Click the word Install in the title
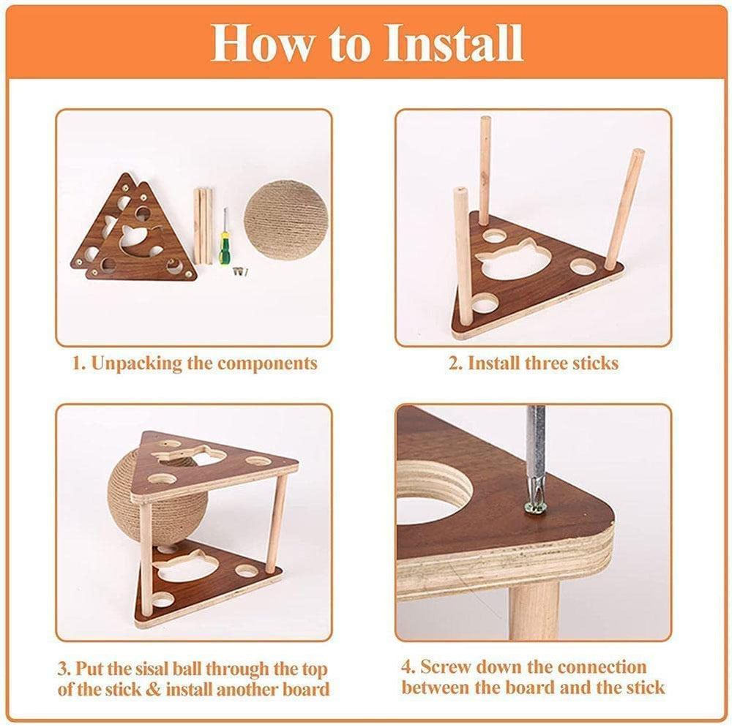pyautogui.click(x=452, y=43)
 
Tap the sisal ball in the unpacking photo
pyautogui.click(x=285, y=220)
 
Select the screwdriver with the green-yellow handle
pyautogui.click(x=225, y=241)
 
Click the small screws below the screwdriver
pyautogui.click(x=238, y=271)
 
